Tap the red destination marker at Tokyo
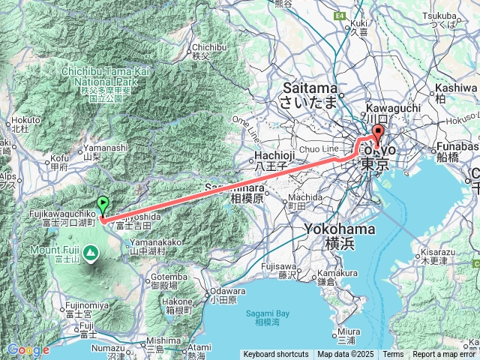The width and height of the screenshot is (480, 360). pos(377,135)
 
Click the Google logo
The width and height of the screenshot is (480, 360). pos(28,349)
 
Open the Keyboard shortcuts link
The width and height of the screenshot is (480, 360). pos(275,355)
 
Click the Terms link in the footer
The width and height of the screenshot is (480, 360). pos(392,355)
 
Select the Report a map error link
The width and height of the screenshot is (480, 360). pos(444,355)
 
